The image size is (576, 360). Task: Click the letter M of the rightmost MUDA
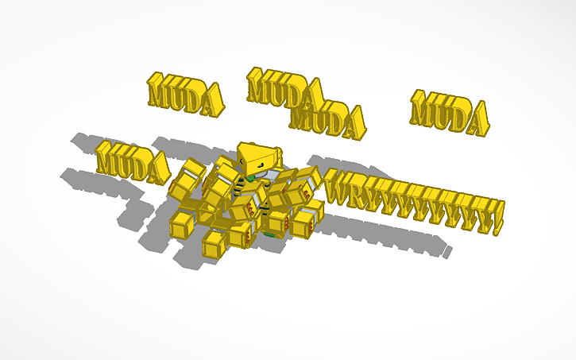click(423, 108)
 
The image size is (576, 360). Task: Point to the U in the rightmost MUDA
click(442, 111)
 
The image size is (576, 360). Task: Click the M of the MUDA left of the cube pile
click(109, 158)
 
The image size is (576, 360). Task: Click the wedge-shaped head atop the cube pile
click(258, 157)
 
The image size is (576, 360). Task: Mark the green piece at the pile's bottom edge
click(270, 235)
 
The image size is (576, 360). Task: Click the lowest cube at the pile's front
click(215, 244)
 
